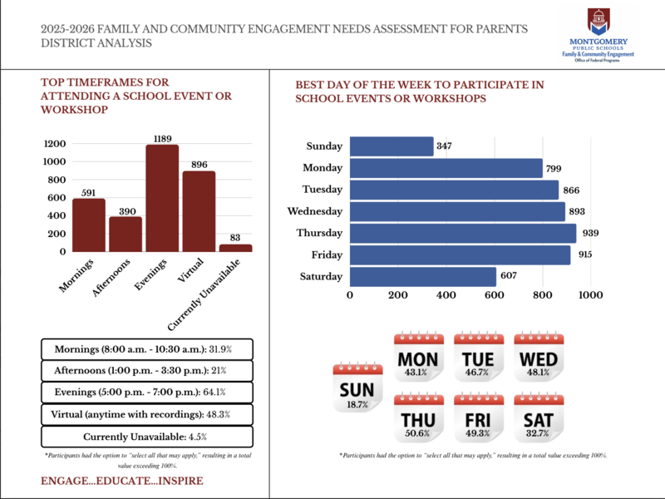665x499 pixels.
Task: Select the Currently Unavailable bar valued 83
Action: click(235, 247)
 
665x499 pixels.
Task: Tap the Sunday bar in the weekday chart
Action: click(392, 146)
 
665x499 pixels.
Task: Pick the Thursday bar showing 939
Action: click(463, 233)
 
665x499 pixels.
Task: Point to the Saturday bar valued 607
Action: click(423, 276)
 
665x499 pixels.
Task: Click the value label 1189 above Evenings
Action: click(162, 137)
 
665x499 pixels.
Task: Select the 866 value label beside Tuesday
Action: click(572, 190)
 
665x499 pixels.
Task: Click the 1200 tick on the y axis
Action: click(54, 143)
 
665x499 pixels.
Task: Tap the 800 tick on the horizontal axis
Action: click(542, 294)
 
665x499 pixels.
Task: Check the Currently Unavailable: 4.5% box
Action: click(145, 437)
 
